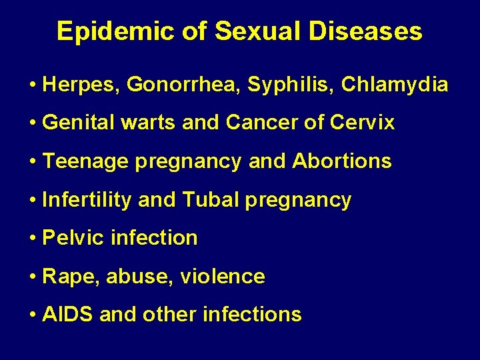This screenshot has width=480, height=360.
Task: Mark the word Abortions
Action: (x=341, y=161)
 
